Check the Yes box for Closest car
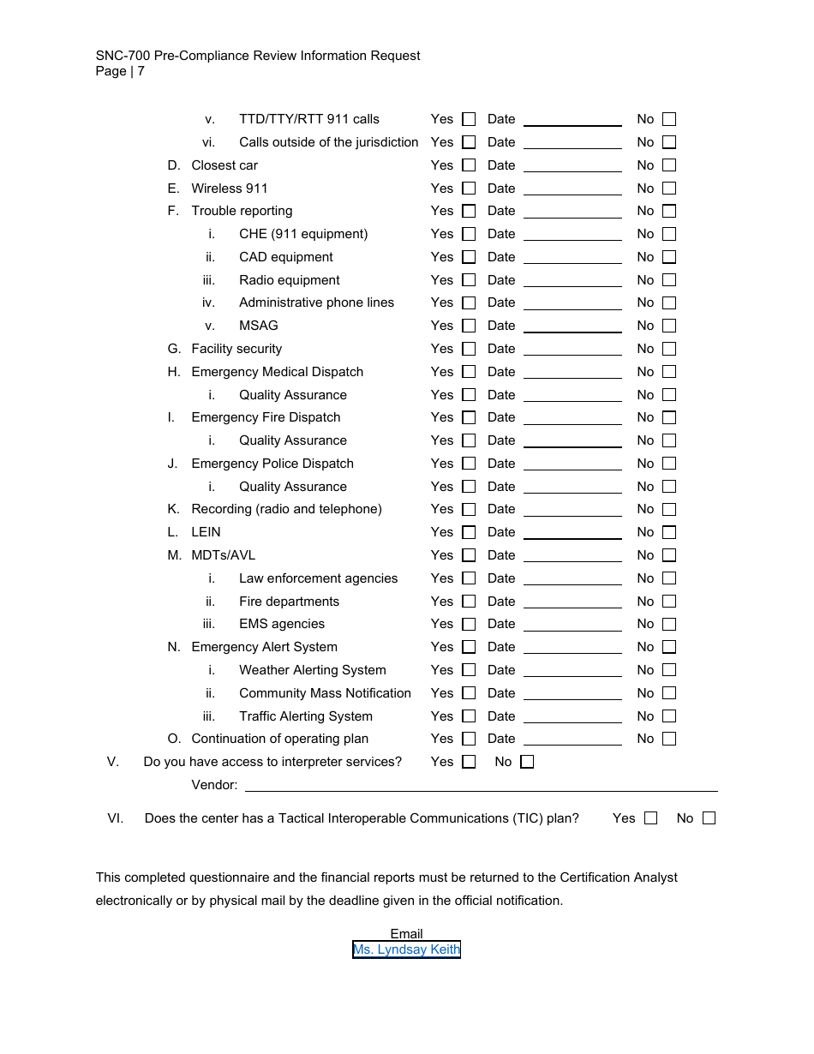pyautogui.click(x=469, y=165)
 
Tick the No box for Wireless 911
pyautogui.click(x=669, y=189)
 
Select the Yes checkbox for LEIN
pyautogui.click(x=469, y=532)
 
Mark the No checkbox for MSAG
pyautogui.click(x=669, y=326)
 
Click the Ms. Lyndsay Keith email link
pyautogui.click(x=406, y=949)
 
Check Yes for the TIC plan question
pyautogui.click(x=650, y=818)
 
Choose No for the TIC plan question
pyautogui.click(x=709, y=818)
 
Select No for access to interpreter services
pyautogui.click(x=527, y=762)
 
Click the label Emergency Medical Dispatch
pyautogui.click(x=277, y=372)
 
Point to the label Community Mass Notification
pyautogui.click(x=325, y=693)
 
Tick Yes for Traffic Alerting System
pyautogui.click(x=469, y=716)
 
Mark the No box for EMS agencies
pyautogui.click(x=669, y=624)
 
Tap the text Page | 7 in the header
pyautogui.click(x=120, y=71)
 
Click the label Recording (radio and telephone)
pyautogui.click(x=286, y=509)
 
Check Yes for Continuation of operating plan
pyautogui.click(x=469, y=739)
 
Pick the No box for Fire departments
pyautogui.click(x=669, y=602)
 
